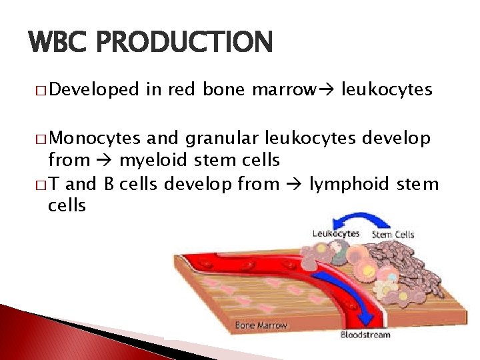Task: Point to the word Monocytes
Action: [94, 138]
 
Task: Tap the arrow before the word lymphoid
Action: [295, 183]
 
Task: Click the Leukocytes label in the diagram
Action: [336, 233]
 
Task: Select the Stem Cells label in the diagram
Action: [393, 234]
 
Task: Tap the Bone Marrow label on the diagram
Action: [261, 325]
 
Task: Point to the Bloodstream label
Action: [365, 334]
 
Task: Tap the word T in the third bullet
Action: [54, 183]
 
